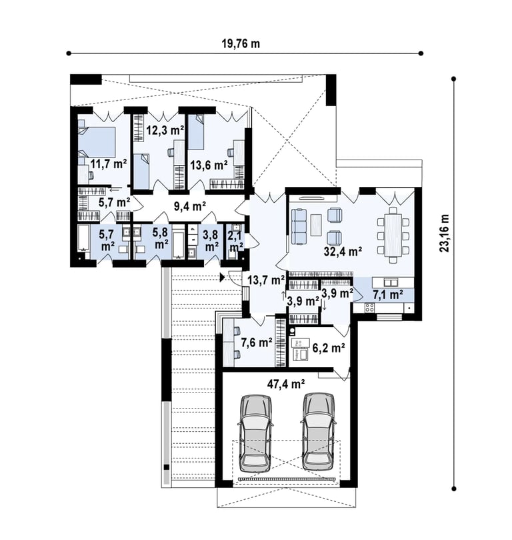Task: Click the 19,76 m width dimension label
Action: [241, 44]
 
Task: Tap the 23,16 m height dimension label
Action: [445, 233]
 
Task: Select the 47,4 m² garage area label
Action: [286, 384]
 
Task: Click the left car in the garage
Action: [256, 433]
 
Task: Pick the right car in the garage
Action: [319, 433]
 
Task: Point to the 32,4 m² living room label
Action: [343, 252]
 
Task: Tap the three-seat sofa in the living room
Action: [299, 227]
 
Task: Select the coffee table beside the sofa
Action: [316, 225]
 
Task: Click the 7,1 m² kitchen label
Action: [388, 295]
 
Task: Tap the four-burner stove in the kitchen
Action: [369, 307]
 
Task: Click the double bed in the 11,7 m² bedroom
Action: [97, 142]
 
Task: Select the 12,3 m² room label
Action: [165, 130]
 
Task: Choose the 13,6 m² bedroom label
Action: [209, 166]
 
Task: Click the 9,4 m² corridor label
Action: [190, 207]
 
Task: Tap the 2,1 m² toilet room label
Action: [236, 242]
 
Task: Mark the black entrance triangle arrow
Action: [223, 277]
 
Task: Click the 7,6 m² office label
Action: [257, 342]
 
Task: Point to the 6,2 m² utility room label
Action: [329, 348]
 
